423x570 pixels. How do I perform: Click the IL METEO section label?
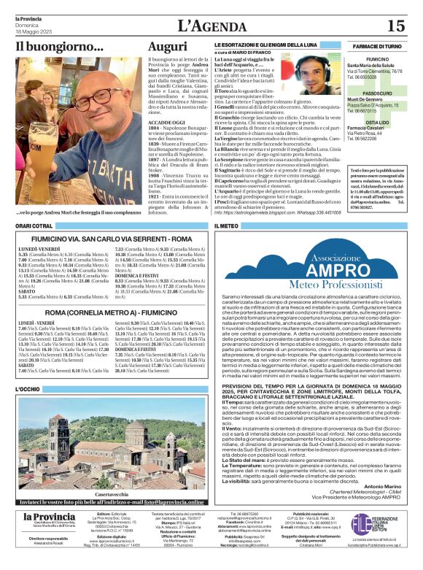(x=228, y=227)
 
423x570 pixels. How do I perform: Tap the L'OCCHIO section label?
(x=28, y=390)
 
